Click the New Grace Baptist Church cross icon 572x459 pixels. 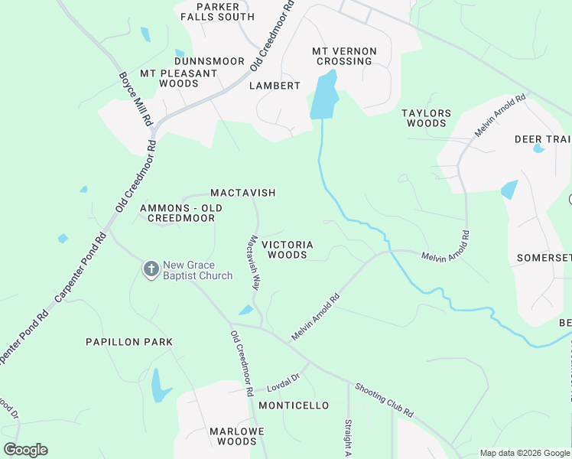point(151,269)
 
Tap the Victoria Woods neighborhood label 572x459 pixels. point(288,249)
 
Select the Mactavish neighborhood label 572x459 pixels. point(242,193)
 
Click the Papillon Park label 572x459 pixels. point(129,342)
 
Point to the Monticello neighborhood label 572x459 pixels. point(294,405)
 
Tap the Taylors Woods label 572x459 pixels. point(426,118)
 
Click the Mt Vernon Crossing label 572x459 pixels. point(344,56)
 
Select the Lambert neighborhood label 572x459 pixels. point(275,86)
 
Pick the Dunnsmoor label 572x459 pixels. point(209,61)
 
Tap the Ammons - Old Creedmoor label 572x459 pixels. point(180,213)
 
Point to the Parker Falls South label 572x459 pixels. point(216,11)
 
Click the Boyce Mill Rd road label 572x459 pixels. point(136,99)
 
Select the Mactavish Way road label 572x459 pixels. point(253,262)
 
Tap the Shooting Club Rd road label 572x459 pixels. point(384,401)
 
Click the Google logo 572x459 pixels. point(25,450)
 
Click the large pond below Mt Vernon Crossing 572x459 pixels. point(324,96)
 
